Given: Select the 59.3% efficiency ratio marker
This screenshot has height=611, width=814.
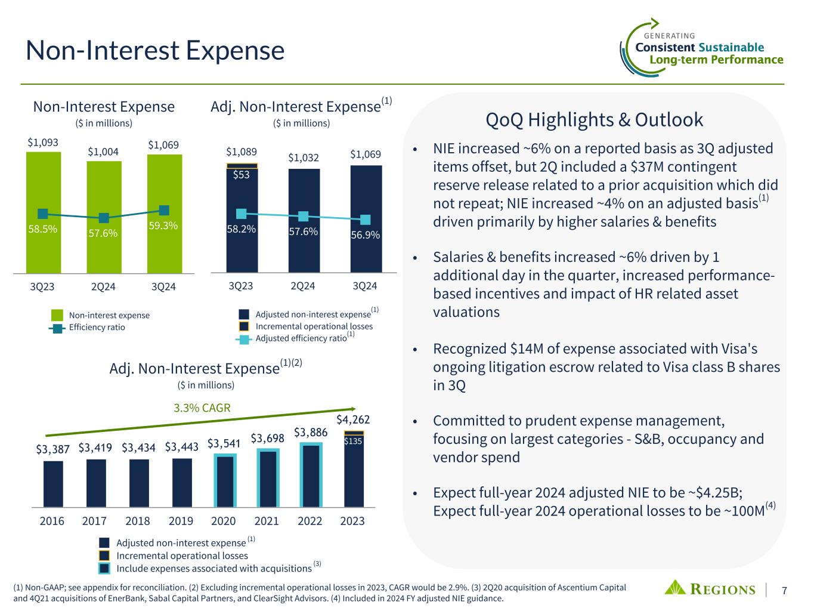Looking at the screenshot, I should pos(165,210).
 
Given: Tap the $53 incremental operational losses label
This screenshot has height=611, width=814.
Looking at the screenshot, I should pos(242,175).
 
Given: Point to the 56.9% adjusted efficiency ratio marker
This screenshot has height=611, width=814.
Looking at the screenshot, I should pos(366,220).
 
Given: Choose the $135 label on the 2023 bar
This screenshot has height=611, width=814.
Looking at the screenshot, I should pos(354,442).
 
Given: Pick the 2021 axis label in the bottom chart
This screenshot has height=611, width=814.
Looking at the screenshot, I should pos(267,521).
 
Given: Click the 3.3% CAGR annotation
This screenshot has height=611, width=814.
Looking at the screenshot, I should pos(202,408).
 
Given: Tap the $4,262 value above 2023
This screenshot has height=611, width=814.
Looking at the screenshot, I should pos(352,419).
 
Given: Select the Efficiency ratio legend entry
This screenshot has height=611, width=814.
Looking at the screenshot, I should pos(97,328).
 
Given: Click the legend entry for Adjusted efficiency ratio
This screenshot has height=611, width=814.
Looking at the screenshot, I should pos(301,338).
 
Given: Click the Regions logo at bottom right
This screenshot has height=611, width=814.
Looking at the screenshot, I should pos(710,588).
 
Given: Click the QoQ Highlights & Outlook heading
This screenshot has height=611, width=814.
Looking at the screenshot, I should pos(595,120).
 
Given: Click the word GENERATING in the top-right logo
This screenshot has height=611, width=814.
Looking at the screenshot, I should pos(670,36).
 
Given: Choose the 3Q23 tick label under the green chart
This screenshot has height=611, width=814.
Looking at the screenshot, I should pos(42,286).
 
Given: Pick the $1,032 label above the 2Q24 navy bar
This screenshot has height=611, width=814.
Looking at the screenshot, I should pos(304,158).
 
